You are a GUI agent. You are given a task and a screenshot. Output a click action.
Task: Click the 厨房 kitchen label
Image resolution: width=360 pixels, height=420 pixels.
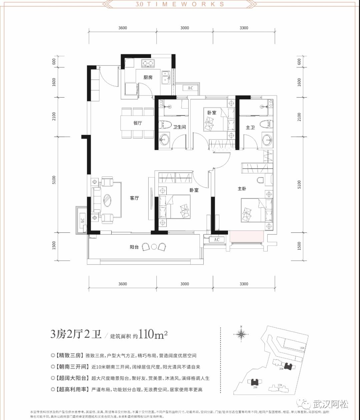point(148,77)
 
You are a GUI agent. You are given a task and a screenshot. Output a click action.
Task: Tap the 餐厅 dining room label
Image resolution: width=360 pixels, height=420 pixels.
point(138,123)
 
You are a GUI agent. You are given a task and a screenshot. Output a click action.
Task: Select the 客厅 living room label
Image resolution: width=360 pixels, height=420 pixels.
point(134,198)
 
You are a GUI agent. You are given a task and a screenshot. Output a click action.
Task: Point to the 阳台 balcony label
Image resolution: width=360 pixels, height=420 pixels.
point(134,247)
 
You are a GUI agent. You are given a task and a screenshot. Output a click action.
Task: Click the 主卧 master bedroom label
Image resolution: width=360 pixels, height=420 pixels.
point(242,189)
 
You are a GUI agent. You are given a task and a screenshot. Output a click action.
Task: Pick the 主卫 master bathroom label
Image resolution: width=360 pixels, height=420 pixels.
point(250,127)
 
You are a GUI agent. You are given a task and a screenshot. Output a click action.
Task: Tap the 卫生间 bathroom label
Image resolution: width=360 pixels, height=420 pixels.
point(180,127)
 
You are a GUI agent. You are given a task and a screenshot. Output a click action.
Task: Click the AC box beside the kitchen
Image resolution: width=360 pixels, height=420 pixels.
point(190,88)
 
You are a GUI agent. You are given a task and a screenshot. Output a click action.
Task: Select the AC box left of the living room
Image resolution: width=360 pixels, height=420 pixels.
point(82,220)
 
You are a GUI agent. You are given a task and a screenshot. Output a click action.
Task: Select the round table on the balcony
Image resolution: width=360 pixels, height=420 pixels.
point(154,247)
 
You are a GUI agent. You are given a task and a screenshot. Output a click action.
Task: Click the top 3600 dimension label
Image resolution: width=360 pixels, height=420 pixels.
point(123,28)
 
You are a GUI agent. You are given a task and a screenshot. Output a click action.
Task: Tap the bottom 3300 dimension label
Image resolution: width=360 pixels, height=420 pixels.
point(244,284)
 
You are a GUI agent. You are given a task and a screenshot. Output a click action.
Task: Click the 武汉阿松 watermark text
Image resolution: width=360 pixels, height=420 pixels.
point(331,404)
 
